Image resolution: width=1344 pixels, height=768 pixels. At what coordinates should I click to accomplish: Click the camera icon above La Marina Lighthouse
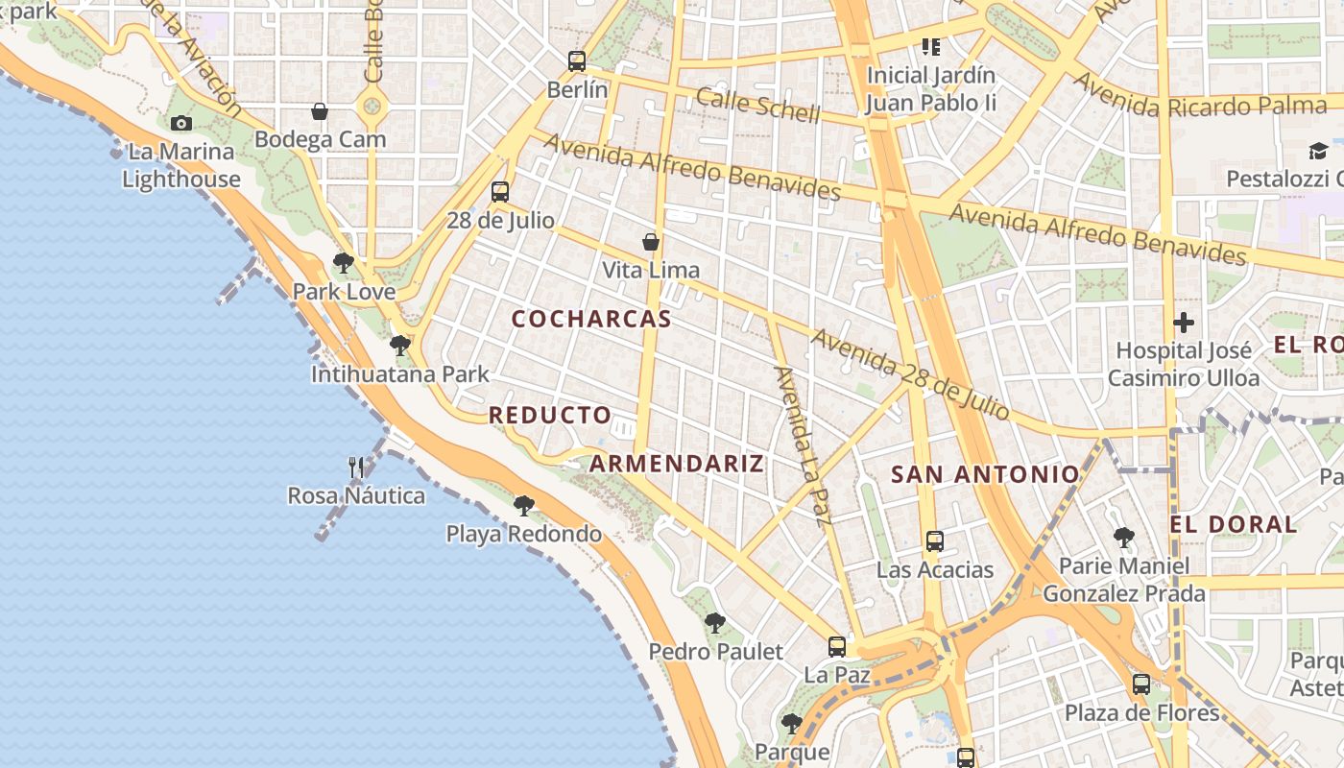click(180, 123)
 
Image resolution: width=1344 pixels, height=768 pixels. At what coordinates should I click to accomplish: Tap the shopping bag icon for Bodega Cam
click(320, 112)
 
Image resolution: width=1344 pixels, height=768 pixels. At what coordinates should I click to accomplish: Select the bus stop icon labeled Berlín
click(576, 61)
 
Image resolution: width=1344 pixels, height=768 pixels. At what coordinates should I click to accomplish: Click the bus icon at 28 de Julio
click(499, 192)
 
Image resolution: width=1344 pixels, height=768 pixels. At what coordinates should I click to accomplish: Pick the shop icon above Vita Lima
click(651, 242)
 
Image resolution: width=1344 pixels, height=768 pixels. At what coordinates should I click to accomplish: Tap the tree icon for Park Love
click(343, 262)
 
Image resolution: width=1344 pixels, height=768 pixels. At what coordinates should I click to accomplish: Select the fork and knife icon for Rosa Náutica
click(356, 468)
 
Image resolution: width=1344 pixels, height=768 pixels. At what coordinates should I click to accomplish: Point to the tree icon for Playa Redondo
click(523, 505)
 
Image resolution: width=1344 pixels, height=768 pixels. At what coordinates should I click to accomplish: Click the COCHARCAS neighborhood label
click(591, 320)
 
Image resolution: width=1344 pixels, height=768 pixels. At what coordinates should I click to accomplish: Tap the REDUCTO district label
click(550, 416)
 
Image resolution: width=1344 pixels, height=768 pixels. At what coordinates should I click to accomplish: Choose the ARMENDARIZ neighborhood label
click(677, 464)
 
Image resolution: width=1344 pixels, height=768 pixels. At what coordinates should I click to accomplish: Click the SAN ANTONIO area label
click(986, 473)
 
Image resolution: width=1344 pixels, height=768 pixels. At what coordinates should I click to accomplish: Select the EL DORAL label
click(1234, 524)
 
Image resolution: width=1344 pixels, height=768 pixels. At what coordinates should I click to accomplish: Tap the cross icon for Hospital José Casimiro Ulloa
click(1184, 323)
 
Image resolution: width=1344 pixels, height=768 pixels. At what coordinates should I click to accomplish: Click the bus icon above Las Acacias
click(935, 541)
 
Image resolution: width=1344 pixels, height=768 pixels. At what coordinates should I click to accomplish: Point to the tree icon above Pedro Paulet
click(714, 623)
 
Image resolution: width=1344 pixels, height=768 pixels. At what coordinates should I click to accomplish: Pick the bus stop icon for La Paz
click(837, 647)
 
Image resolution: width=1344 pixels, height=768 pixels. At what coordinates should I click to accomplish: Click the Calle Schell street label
click(758, 106)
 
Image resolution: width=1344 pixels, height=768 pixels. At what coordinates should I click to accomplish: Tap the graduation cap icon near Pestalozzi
click(1318, 151)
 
